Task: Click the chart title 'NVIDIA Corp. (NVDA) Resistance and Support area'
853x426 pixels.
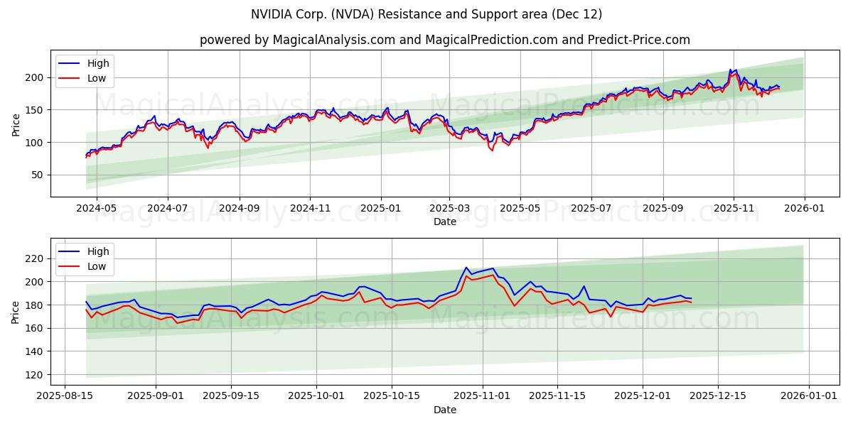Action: (x=426, y=14)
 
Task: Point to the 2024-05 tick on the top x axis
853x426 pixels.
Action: (x=96, y=209)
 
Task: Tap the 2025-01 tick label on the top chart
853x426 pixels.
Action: (x=381, y=209)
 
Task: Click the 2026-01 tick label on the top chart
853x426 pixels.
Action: (x=805, y=209)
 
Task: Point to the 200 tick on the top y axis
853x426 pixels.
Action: (x=36, y=77)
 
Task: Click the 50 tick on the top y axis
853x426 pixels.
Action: (x=39, y=175)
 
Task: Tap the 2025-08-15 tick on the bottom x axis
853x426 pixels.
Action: (x=65, y=396)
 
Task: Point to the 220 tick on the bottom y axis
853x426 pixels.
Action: (x=36, y=258)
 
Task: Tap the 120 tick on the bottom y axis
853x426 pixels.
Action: (x=36, y=374)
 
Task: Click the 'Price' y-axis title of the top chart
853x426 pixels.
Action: (x=16, y=124)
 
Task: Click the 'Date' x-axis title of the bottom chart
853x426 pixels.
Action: (x=445, y=410)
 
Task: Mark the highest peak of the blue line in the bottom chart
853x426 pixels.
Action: (x=466, y=268)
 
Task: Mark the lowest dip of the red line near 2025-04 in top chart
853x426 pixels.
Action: (x=492, y=151)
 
